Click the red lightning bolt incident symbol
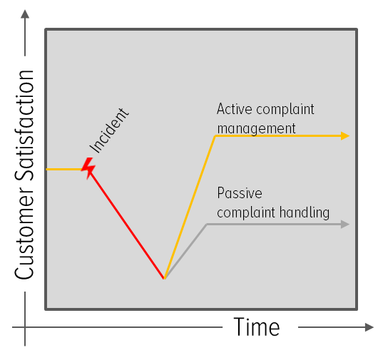coord(88,168)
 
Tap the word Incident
coord(109,130)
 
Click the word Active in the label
coord(234,109)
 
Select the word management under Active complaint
coord(256,129)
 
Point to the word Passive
coord(240,192)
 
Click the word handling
coord(305,212)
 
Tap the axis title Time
coord(257,326)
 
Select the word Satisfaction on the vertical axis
coord(24,125)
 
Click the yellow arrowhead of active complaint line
coord(345,135)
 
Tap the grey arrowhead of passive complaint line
coord(345,224)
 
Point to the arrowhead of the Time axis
coord(369,327)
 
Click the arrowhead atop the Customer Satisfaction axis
coord(25,14)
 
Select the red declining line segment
coord(126,224)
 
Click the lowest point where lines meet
coord(164,278)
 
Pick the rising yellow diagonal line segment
coord(190,207)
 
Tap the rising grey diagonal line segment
coord(185,252)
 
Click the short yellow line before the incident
coord(64,169)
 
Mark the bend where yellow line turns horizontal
coord(215,136)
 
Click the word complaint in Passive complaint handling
coord(246,213)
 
